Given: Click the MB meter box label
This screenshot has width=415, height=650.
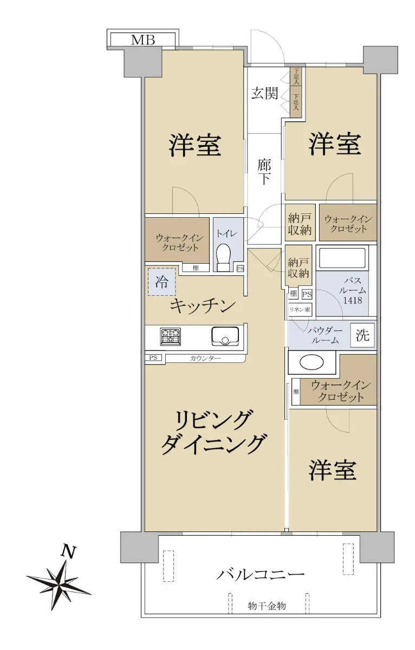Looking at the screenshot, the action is (143, 40).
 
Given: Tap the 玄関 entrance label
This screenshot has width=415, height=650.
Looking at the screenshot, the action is (264, 93).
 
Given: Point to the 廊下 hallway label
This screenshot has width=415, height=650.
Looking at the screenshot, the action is (264, 172).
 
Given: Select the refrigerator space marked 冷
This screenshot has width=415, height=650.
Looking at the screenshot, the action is (162, 282).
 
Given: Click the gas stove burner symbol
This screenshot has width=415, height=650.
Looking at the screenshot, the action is (170, 336).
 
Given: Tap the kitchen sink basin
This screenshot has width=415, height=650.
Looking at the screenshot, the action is (225, 336).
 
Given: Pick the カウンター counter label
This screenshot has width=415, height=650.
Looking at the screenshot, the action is (205, 359).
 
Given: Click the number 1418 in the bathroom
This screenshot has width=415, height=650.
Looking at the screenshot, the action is (353, 300).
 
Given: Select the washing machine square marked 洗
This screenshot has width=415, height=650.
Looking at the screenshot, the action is (362, 335).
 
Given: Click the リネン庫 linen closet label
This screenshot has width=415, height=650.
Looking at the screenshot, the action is (300, 310).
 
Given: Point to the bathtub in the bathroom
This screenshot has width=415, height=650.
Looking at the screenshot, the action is (342, 258).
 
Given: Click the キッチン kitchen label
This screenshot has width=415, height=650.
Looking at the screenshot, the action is (202, 306).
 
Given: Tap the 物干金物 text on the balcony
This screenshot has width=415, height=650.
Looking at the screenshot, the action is (267, 606).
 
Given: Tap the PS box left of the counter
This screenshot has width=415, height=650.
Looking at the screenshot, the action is (153, 358).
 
